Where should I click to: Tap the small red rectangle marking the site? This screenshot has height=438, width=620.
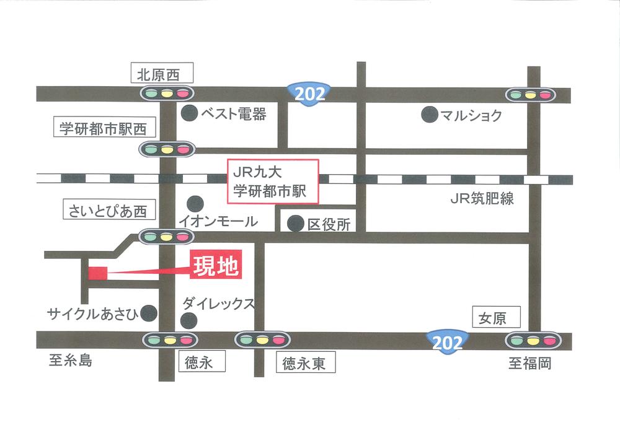98,273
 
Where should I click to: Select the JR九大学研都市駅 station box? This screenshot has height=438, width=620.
274,182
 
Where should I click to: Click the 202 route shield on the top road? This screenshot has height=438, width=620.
310,95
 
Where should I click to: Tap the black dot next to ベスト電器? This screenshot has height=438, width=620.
189,113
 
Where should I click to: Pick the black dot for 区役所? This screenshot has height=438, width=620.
296,223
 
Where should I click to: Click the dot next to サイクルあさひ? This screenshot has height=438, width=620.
149,313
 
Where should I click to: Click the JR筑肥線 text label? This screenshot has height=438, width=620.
482,199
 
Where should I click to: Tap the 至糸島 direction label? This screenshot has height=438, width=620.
70,361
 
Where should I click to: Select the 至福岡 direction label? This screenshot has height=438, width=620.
529,363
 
